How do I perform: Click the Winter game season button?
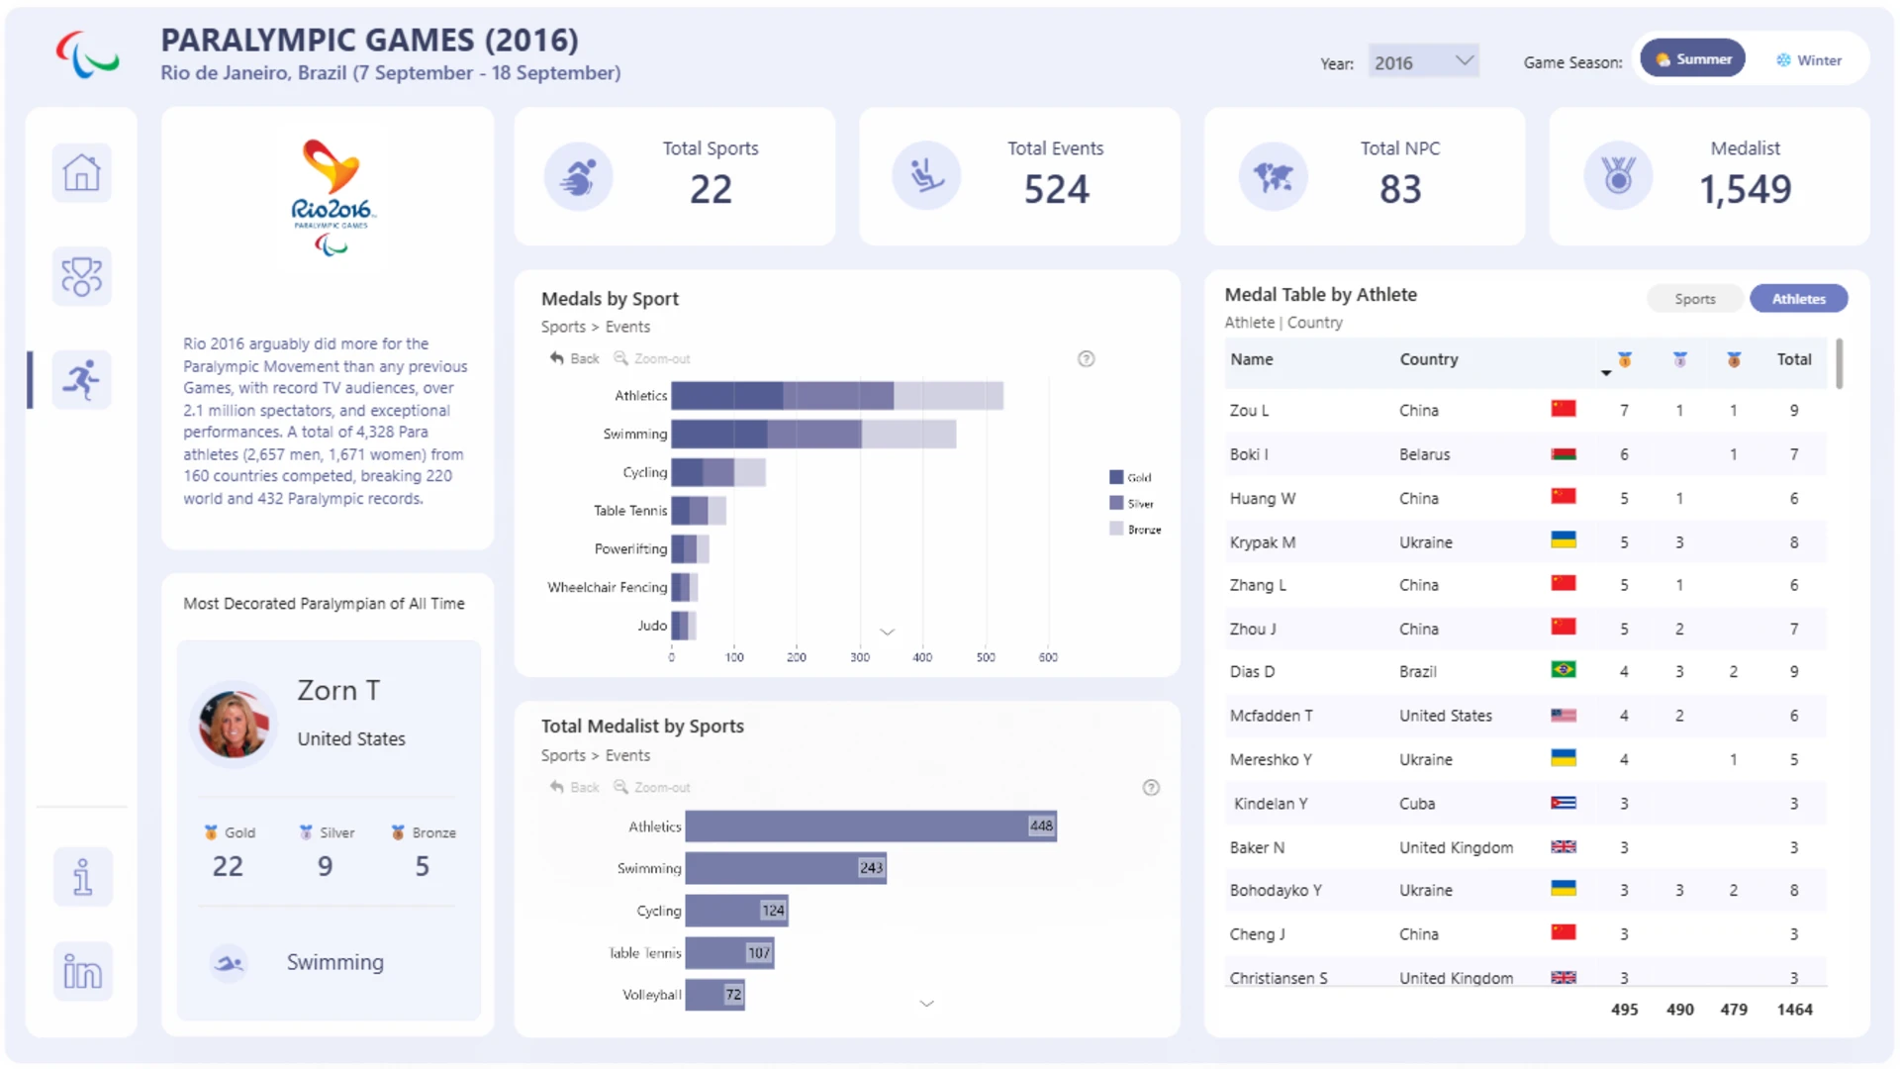[1808, 60]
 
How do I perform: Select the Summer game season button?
[1693, 59]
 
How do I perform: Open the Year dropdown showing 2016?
[1423, 62]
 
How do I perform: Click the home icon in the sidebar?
[81, 173]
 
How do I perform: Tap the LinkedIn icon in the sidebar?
[82, 971]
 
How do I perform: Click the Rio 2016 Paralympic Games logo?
[332, 197]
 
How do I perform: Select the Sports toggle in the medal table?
[1695, 299]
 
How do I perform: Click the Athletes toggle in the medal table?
[1798, 299]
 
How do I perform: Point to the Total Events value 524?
[1056, 189]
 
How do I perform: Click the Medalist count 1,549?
[1745, 189]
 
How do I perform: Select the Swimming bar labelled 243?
[786, 868]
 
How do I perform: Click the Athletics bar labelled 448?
[871, 826]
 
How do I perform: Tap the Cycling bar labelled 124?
[736, 911]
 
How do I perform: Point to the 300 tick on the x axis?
[860, 657]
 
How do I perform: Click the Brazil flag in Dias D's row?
[1564, 670]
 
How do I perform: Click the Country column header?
[1428, 359]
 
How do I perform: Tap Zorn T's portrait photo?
[234, 724]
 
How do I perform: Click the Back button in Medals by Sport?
[575, 358]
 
